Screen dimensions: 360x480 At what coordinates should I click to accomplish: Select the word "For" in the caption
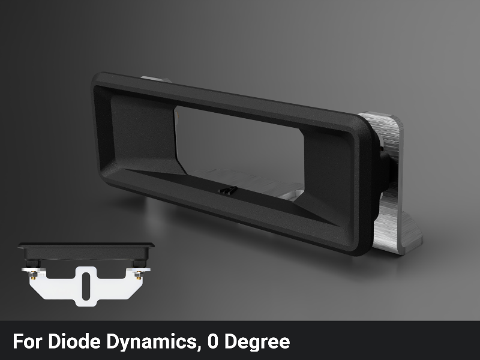(x=24, y=342)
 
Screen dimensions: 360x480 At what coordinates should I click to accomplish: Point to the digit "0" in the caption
(x=214, y=342)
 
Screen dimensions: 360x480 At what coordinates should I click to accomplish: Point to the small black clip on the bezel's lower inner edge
(x=227, y=191)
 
